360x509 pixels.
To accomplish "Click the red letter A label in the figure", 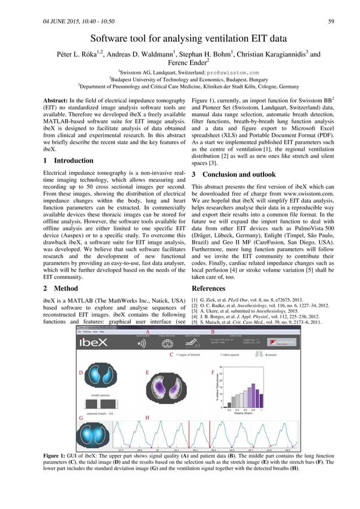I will [148, 331].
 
